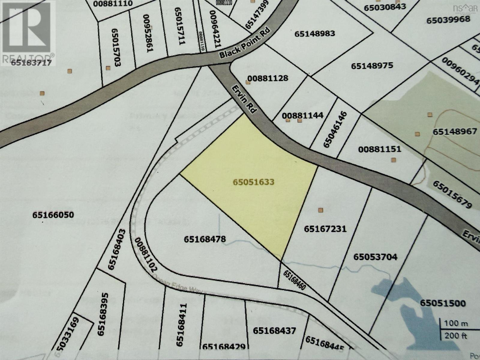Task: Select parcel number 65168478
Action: pyautogui.click(x=205, y=239)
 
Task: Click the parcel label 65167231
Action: pyautogui.click(x=325, y=229)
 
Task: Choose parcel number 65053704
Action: pyautogui.click(x=375, y=257)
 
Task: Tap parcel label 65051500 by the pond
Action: pyautogui.click(x=443, y=303)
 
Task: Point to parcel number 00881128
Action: pyautogui.click(x=269, y=78)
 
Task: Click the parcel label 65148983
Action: pyautogui.click(x=315, y=33)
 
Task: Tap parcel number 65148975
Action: pyautogui.click(x=372, y=65)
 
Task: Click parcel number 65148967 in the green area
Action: pyautogui.click(x=455, y=131)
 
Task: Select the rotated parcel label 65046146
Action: pyautogui.click(x=335, y=130)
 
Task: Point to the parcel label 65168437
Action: pyautogui.click(x=274, y=331)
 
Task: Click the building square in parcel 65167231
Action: pyautogui.click(x=321, y=210)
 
